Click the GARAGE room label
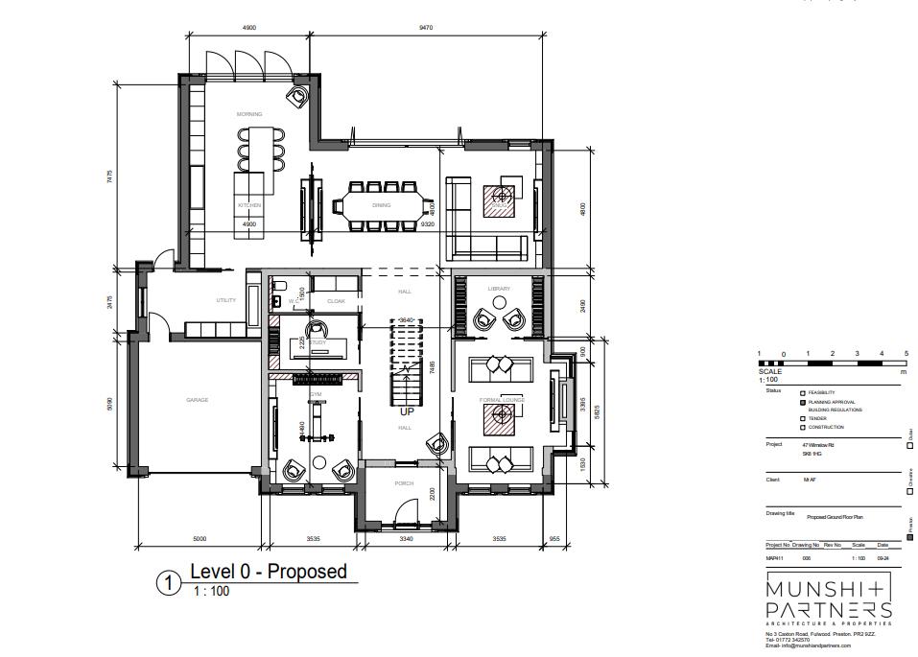197,400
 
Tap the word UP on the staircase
407,411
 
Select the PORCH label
404,483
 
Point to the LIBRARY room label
499,288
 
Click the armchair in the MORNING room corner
298,96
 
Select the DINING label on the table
381,205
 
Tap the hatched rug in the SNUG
499,202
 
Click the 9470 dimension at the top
426,28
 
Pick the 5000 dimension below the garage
200,539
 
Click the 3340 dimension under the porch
405,539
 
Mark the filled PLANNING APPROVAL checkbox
803,402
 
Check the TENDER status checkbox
803,418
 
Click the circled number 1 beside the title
169,582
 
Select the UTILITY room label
225,300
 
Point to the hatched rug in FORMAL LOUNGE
499,415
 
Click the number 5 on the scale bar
906,354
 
